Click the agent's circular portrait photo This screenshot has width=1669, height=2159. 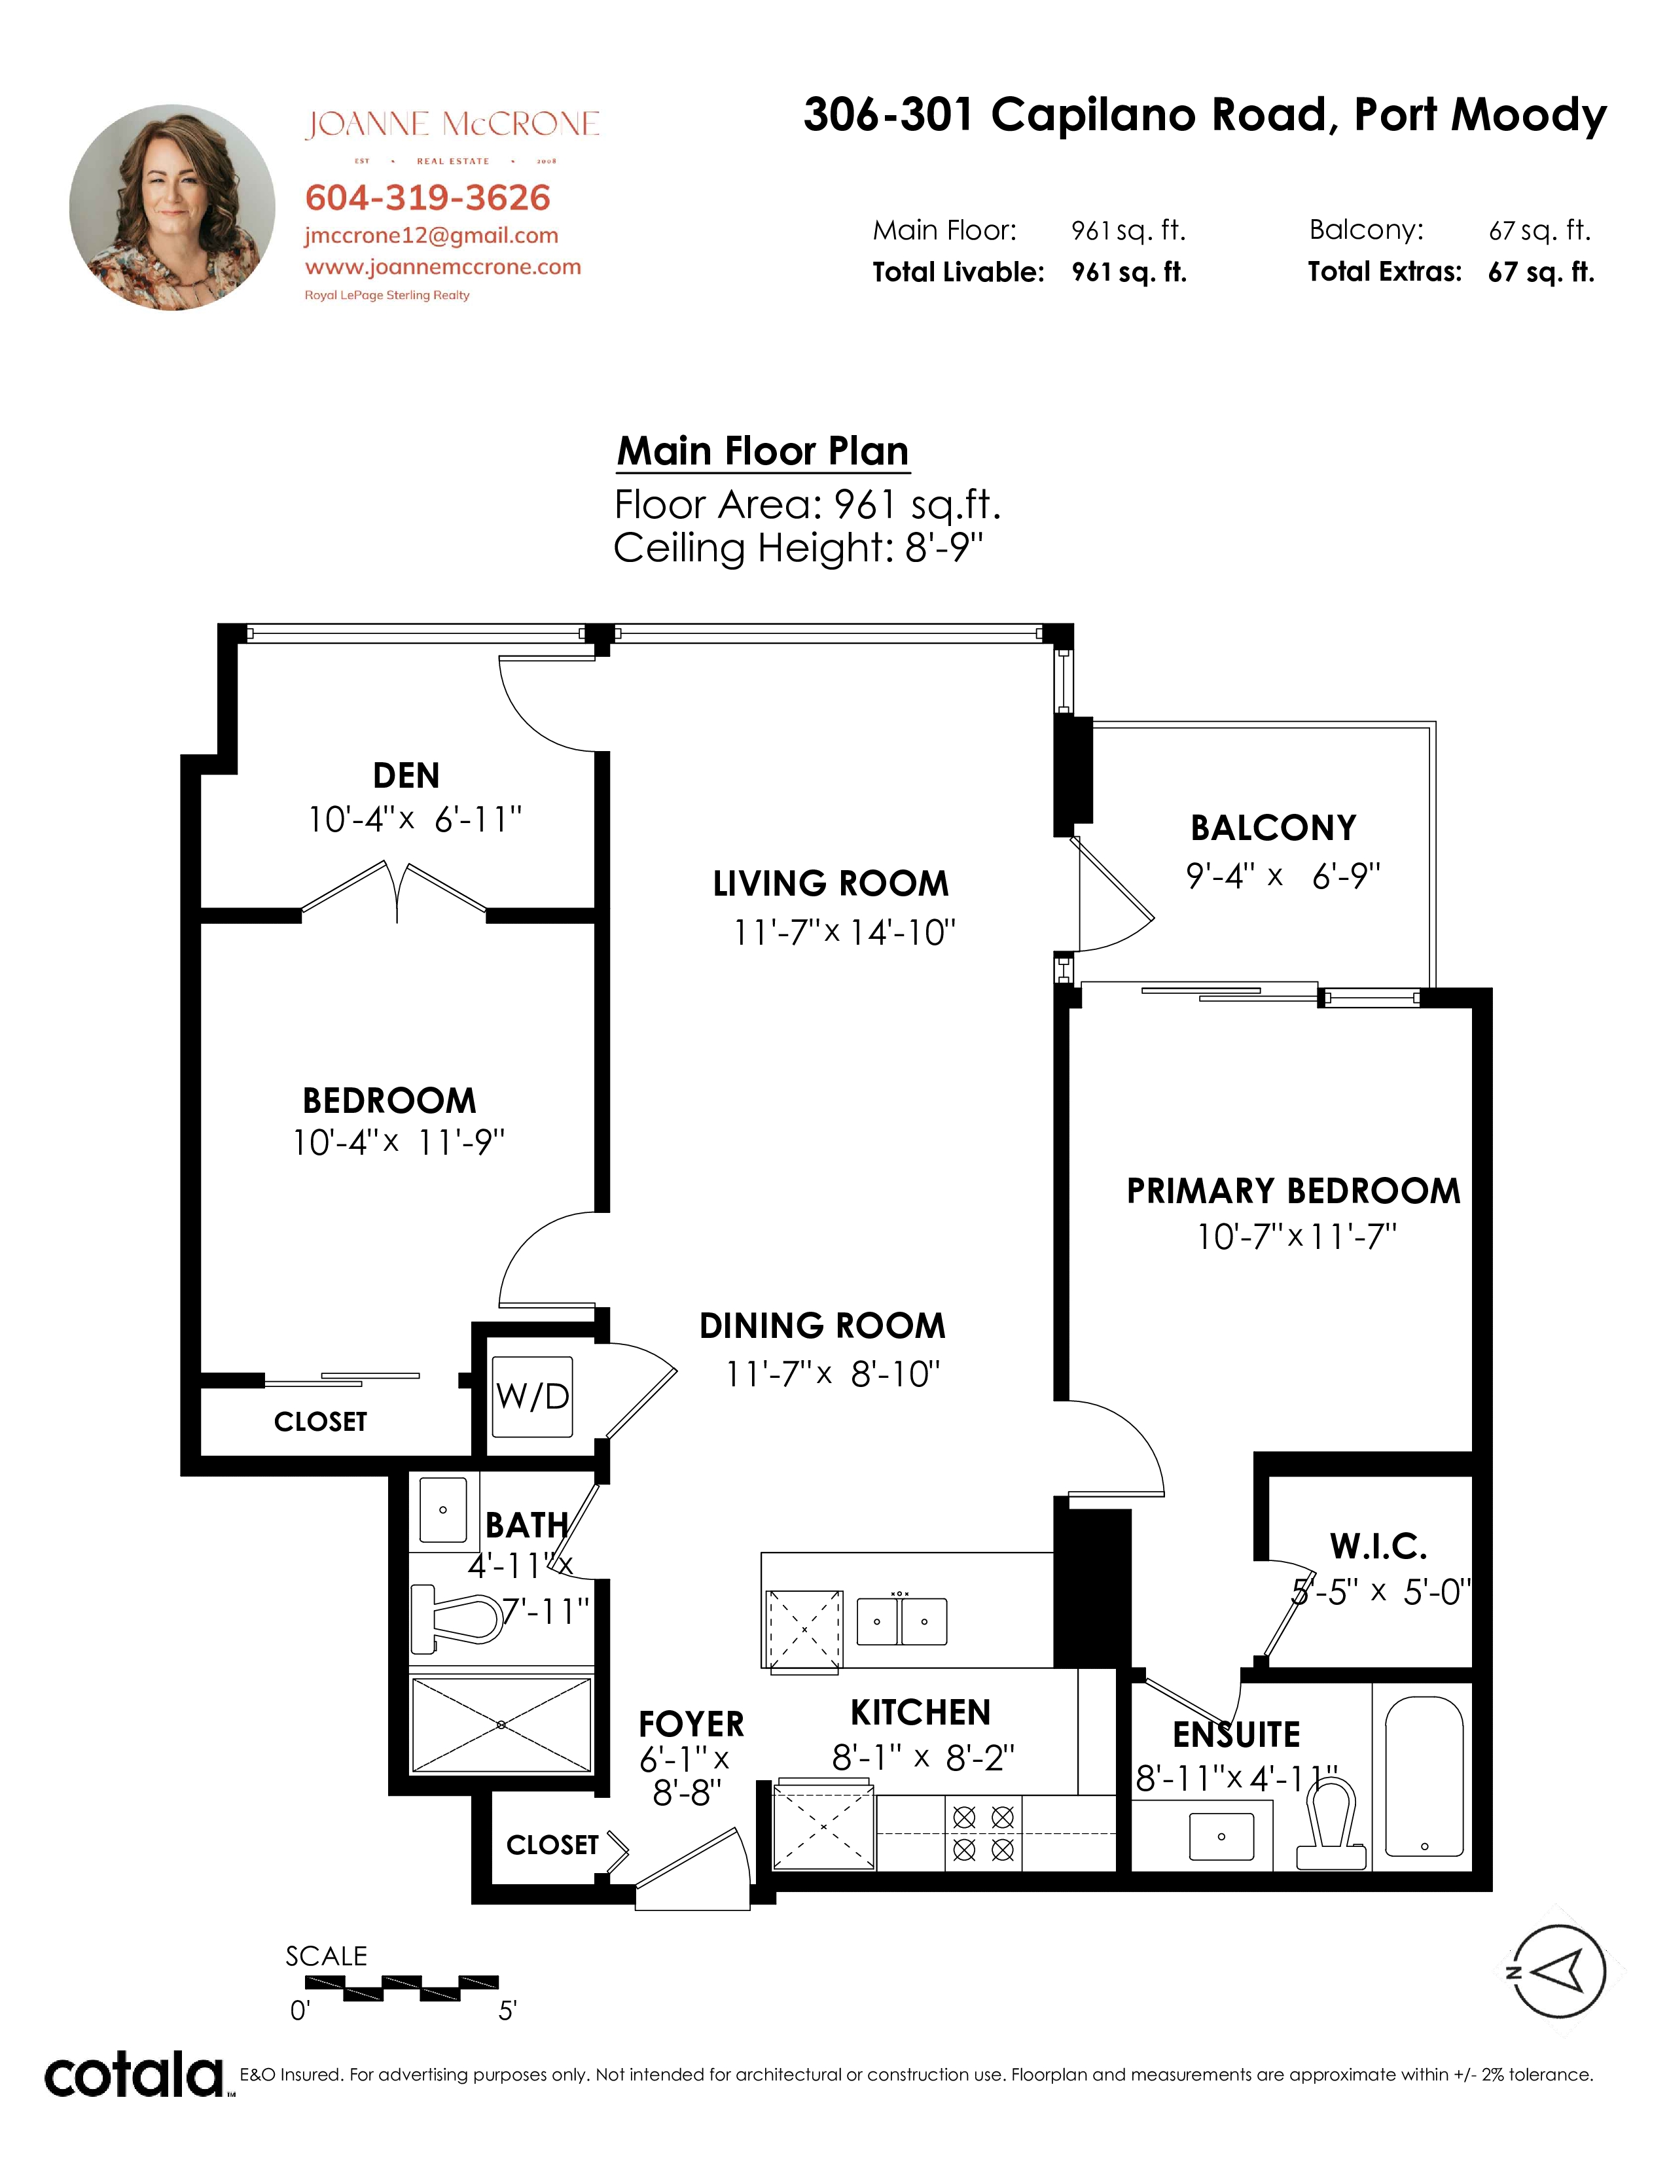tap(172, 207)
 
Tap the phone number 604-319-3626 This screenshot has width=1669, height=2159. tap(427, 198)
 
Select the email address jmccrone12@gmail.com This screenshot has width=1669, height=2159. tap(431, 236)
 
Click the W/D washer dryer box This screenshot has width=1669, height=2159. tap(532, 1396)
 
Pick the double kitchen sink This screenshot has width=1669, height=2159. tap(901, 1621)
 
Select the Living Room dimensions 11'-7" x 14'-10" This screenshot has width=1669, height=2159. tap(844, 932)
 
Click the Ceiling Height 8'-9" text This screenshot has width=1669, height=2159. tap(798, 548)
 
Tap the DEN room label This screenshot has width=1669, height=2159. tap(406, 775)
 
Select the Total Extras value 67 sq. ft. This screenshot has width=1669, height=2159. tap(1541, 272)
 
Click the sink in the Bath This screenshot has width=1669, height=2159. tap(443, 1509)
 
